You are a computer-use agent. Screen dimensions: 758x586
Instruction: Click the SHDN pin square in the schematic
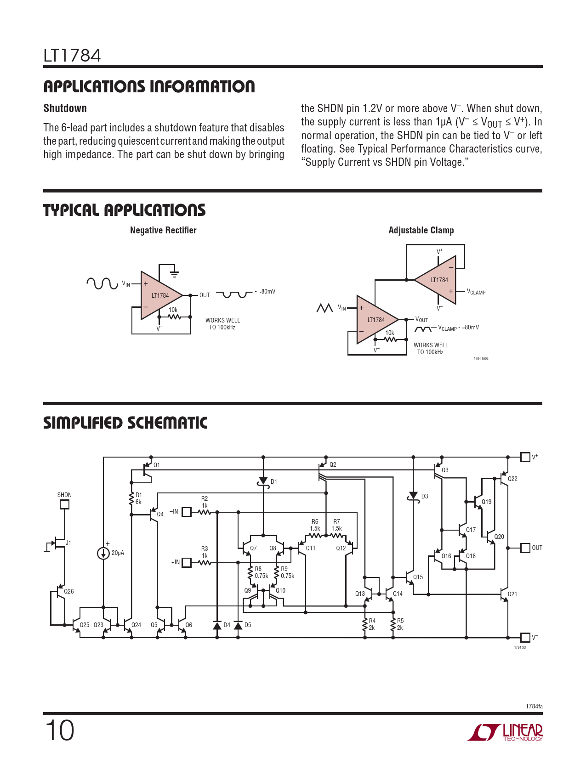click(65, 504)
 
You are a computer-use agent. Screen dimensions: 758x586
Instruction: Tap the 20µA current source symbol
click(103, 553)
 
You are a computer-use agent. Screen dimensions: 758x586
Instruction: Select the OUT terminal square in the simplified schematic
click(525, 548)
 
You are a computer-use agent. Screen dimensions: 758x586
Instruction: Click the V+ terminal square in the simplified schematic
click(525, 457)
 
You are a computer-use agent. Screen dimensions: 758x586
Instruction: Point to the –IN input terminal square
click(187, 512)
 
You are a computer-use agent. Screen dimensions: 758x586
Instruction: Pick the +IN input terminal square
click(187, 562)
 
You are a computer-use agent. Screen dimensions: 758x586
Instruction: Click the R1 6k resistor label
click(138, 498)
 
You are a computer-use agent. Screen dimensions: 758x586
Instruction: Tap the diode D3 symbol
click(413, 497)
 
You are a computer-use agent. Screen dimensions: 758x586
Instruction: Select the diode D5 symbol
click(238, 626)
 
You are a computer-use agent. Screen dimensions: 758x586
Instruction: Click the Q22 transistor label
click(512, 479)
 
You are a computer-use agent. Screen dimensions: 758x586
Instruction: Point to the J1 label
click(68, 543)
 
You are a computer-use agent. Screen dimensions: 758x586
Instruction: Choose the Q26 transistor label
click(69, 591)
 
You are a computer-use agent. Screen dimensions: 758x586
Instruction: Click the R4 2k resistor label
click(372, 624)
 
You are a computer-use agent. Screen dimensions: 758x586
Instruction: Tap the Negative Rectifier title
click(163, 230)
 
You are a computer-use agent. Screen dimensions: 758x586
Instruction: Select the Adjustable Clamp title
click(421, 230)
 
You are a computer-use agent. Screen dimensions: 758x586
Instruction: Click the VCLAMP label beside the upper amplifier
click(476, 292)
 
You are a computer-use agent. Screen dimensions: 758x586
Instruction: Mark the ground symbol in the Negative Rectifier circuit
click(174, 274)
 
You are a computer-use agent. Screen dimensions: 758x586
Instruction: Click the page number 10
click(60, 730)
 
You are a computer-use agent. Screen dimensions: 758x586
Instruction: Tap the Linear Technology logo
click(506, 732)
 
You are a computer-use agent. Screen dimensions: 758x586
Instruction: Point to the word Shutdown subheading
click(65, 108)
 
